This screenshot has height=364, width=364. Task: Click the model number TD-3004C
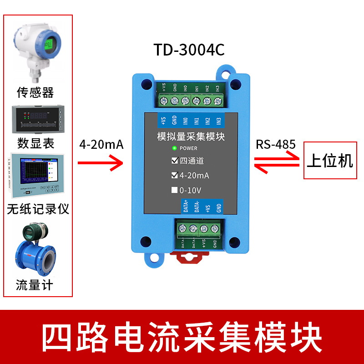click(x=189, y=50)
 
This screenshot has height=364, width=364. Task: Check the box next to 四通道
click(x=174, y=161)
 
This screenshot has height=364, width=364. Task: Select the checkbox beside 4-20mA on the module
click(x=174, y=175)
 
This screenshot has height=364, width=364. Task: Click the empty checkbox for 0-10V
click(x=174, y=190)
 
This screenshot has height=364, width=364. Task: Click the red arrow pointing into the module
click(x=101, y=162)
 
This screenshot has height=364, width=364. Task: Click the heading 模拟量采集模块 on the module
click(x=191, y=136)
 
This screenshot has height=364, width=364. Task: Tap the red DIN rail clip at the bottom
click(x=190, y=259)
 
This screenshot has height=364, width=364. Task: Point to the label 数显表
click(x=36, y=143)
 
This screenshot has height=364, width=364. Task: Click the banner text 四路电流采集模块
click(x=182, y=337)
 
